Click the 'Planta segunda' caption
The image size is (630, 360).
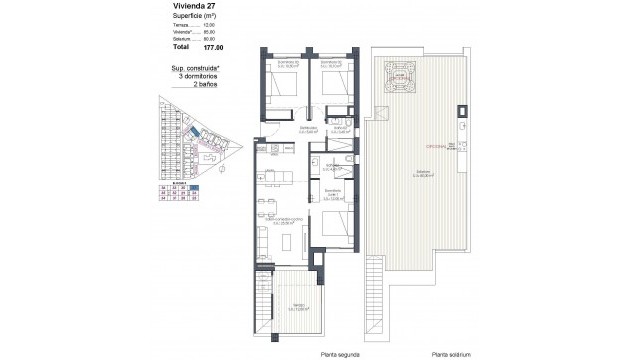pos(295,353)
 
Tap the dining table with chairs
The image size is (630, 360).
pos(266,208)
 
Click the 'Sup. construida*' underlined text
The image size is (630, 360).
pos(195,67)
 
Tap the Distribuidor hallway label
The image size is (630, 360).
pos(311,128)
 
